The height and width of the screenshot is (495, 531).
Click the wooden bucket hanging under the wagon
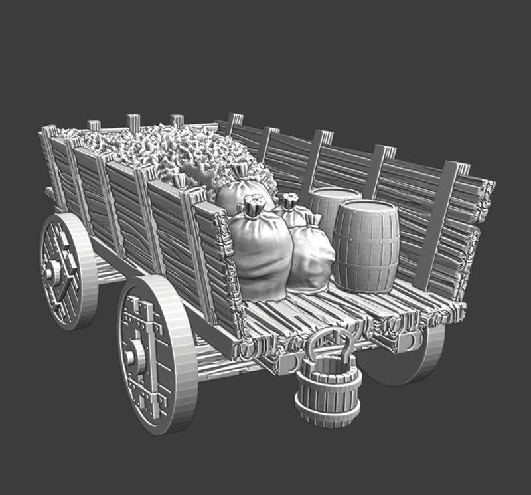[328, 392]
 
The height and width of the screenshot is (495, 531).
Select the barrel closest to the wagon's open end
[366, 246]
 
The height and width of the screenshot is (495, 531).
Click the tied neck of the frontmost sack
[252, 206]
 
